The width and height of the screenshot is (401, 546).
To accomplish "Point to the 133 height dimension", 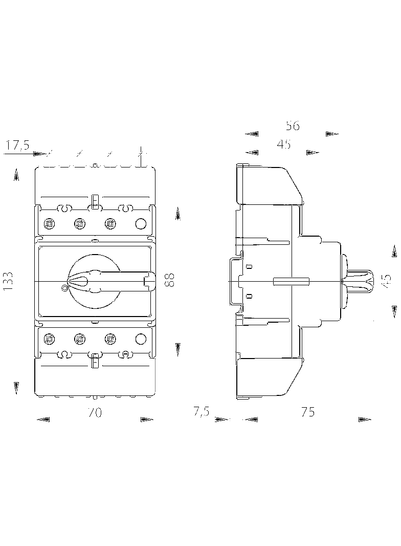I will [9, 282].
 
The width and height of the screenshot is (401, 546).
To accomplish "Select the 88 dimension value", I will [170, 279].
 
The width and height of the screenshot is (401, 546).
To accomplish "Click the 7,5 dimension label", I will [201, 412].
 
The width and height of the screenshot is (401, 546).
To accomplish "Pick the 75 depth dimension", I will [308, 412].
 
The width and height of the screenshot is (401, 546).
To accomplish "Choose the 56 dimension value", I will [293, 125].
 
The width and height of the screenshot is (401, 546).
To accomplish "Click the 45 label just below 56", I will [284, 144].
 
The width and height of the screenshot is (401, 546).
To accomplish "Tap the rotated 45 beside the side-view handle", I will [387, 280].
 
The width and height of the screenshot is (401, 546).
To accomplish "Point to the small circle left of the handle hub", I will [64, 288].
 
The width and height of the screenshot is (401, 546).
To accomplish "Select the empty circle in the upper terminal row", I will [140, 223].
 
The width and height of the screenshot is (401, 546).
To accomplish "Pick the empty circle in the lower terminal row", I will [140, 338].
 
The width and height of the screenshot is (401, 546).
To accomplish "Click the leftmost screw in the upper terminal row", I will [50, 223].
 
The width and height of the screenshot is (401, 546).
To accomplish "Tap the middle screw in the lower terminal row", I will [79, 338].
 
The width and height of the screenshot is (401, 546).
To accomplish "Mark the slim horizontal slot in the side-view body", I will [292, 281].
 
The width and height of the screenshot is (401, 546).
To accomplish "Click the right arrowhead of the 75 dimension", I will [365, 420].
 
